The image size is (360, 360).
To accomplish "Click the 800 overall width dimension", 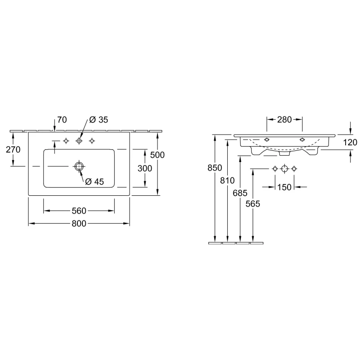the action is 79,223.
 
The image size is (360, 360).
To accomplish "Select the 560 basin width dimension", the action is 79,211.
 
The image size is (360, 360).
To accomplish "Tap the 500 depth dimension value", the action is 157,155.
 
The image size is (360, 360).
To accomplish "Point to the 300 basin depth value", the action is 144,168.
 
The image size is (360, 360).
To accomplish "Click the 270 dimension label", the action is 13,149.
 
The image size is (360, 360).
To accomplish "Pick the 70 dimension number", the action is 62,120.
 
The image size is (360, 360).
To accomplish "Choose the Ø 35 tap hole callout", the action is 99,120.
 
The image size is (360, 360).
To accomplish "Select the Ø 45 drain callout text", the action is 94,182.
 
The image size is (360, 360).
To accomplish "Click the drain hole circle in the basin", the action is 79,166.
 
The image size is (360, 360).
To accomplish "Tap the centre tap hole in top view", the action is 79,141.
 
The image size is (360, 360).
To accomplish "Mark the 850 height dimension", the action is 215,168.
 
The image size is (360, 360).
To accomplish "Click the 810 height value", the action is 227,181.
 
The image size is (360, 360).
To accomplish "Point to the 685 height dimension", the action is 240,193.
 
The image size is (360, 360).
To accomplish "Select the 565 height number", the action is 252,204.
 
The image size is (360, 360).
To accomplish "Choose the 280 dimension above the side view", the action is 284,120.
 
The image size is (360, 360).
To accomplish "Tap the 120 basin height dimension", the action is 350,142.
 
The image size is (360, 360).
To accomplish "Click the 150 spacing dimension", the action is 284,187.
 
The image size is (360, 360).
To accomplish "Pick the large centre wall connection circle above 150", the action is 284,169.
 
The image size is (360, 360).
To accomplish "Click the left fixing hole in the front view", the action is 267,139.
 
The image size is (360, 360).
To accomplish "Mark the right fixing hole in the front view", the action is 302,139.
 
